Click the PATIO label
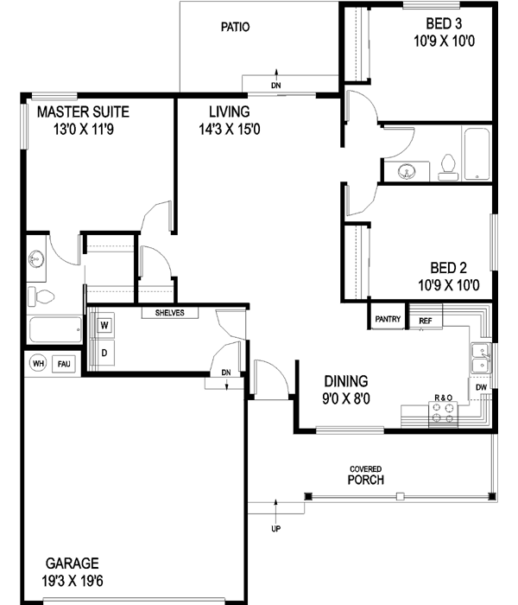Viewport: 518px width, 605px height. click(235, 27)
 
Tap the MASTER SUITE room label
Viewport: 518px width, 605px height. click(83, 111)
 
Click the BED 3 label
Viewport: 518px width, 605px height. click(444, 23)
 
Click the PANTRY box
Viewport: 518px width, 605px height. click(388, 319)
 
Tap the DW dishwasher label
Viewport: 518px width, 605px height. click(481, 388)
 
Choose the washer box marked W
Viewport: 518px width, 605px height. click(104, 326)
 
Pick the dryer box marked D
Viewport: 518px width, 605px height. click(104, 352)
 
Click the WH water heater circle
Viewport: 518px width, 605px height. click(38, 364)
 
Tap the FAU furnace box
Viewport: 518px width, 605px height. click(64, 364)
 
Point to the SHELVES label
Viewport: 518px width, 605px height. click(169, 313)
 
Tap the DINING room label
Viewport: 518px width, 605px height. click(346, 381)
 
